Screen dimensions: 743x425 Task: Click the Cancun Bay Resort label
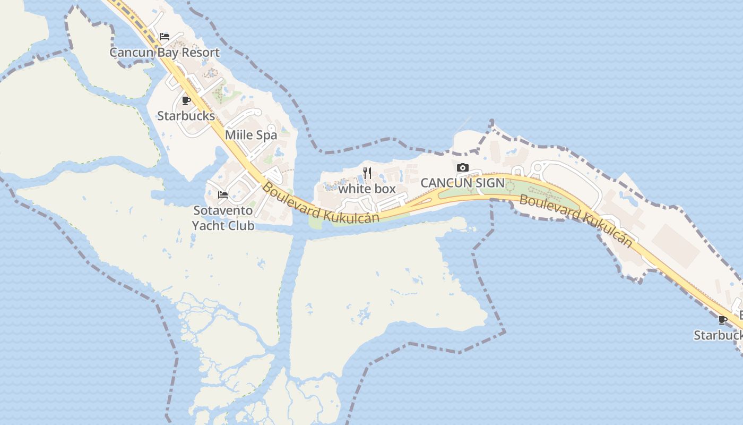(165, 53)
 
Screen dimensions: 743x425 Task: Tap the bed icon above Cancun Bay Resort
(165, 37)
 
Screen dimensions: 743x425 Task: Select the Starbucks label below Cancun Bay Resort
(186, 116)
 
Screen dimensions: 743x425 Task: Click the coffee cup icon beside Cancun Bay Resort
(186, 100)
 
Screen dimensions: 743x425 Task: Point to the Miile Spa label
(251, 135)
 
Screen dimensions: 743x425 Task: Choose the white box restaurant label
(367, 189)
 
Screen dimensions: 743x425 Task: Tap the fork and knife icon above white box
(367, 173)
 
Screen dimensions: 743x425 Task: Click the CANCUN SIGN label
(462, 183)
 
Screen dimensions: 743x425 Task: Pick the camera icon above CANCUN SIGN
(463, 167)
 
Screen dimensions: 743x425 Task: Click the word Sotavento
(223, 210)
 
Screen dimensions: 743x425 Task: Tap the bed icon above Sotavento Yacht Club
(223, 195)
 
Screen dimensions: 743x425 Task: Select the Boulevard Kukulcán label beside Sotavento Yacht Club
(321, 204)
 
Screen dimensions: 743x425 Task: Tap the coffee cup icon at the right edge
(722, 320)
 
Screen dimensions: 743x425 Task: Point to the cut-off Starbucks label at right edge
(719, 335)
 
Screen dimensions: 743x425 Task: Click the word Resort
(200, 53)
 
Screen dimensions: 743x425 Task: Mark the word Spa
(267, 135)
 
